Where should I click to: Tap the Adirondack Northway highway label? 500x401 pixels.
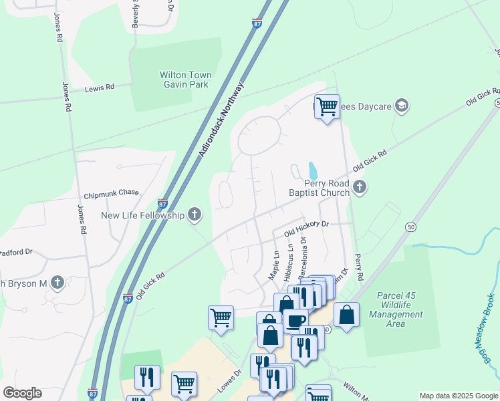pyautogui.click(x=222, y=120)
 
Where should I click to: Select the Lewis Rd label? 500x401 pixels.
pyautogui.click(x=100, y=87)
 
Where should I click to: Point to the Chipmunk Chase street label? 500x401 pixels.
pyautogui.click(x=111, y=192)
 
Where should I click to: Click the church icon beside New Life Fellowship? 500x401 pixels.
pyautogui.click(x=195, y=215)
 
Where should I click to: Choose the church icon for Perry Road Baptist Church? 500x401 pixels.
pyautogui.click(x=360, y=187)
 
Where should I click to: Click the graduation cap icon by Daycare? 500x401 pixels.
pyautogui.click(x=401, y=105)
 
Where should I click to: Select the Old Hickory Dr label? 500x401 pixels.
pyautogui.click(x=307, y=229)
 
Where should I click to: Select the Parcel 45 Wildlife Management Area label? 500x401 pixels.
pyautogui.click(x=400, y=309)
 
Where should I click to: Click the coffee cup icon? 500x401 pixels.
pyautogui.click(x=295, y=319)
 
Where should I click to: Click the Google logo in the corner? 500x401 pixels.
pyautogui.click(x=22, y=393)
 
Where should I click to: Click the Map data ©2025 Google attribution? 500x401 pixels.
pyautogui.click(x=458, y=396)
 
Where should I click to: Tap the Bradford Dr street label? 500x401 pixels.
pyautogui.click(x=16, y=252)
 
